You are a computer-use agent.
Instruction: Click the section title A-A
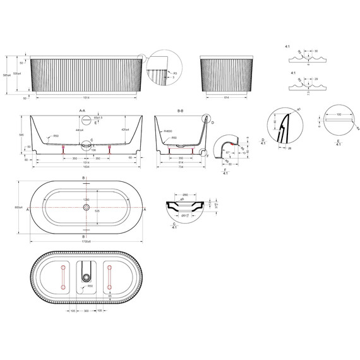point(82,111)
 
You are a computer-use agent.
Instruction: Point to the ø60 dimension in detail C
point(186,195)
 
